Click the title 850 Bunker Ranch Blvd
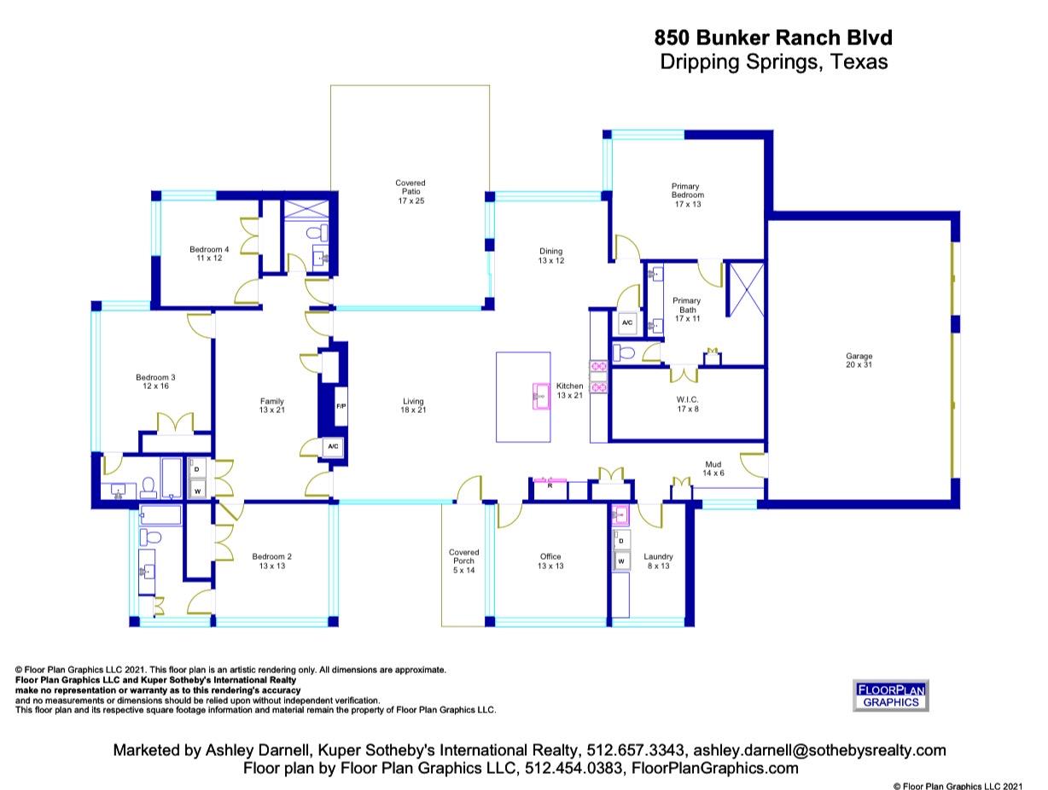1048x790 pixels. [773, 38]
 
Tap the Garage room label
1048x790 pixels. [859, 360]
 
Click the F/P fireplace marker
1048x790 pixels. [341, 406]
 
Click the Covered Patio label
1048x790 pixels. [410, 192]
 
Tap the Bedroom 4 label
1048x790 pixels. [209, 253]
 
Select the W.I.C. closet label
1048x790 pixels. [687, 404]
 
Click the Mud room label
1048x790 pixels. [713, 468]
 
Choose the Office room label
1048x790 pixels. [550, 561]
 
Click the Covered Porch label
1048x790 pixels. [463, 561]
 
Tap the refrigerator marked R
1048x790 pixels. [550, 485]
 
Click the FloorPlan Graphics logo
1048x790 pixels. [890, 695]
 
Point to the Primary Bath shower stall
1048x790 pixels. [747, 291]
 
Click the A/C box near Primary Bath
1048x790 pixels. [627, 322]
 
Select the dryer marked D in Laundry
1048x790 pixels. [620, 541]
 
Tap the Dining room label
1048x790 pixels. [550, 255]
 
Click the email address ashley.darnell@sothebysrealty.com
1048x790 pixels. [818, 751]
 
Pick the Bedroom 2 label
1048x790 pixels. [271, 561]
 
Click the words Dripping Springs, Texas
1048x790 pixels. [773, 62]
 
